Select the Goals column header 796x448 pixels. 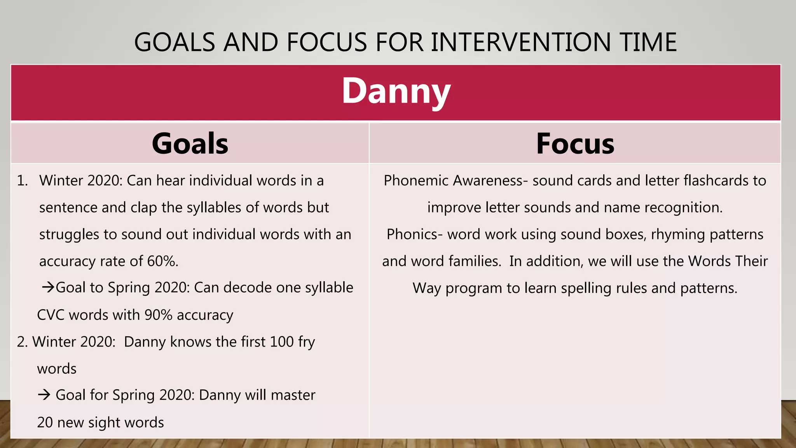pyautogui.click(x=190, y=143)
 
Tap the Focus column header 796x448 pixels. pyautogui.click(x=575, y=143)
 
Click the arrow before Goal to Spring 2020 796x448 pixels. pyautogui.click(x=48, y=288)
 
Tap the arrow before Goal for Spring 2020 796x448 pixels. pyautogui.click(x=44, y=395)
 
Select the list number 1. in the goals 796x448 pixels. pyautogui.click(x=23, y=180)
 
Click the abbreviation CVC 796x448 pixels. pyautogui.click(x=51, y=315)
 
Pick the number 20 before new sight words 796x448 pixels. pyautogui.click(x=45, y=422)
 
